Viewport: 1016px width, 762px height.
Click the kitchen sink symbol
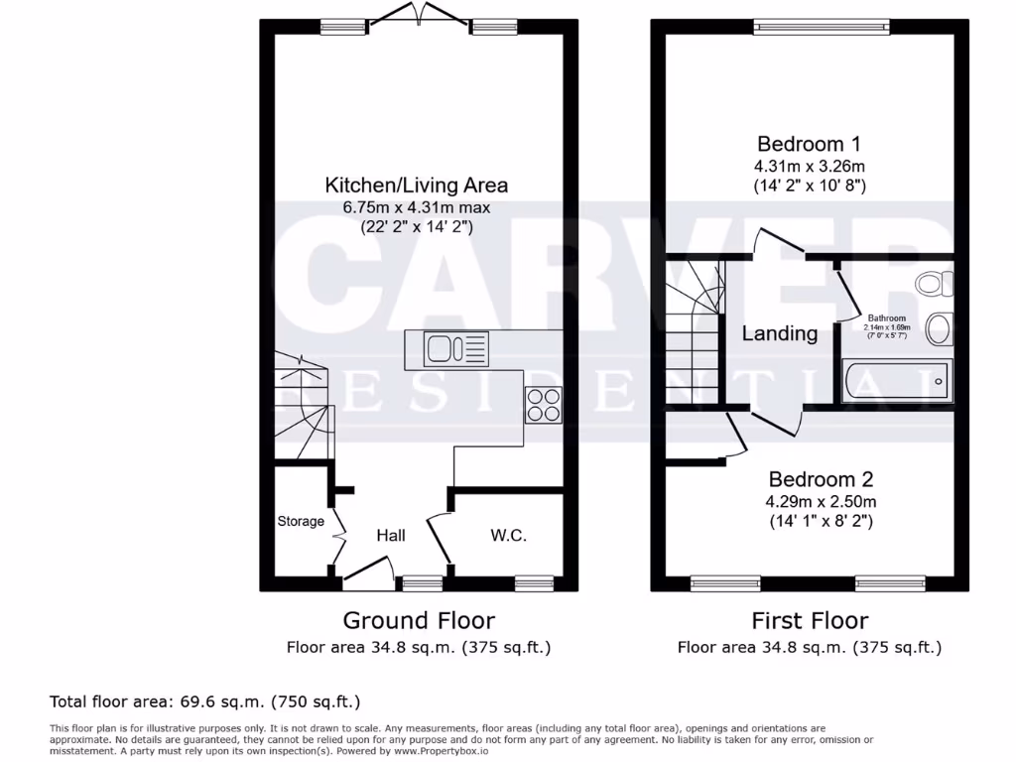[456, 348]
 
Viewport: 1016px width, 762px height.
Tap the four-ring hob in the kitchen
[543, 405]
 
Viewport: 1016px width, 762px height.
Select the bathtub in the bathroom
[897, 380]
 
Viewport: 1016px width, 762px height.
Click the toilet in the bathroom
[932, 285]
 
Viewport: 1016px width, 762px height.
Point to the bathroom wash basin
[939, 326]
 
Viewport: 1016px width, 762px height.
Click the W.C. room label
[508, 536]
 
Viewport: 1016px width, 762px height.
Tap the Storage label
[301, 522]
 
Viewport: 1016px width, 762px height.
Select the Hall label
[391, 536]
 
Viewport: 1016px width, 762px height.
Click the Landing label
[780, 333]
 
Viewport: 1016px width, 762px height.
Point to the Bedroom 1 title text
[805, 143]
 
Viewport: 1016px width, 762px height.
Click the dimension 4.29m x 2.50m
[822, 501]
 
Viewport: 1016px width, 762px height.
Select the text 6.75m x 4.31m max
[417, 206]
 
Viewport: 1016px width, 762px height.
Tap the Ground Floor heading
[418, 621]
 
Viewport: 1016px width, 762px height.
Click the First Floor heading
[809, 621]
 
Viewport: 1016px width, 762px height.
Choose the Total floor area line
[205, 701]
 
